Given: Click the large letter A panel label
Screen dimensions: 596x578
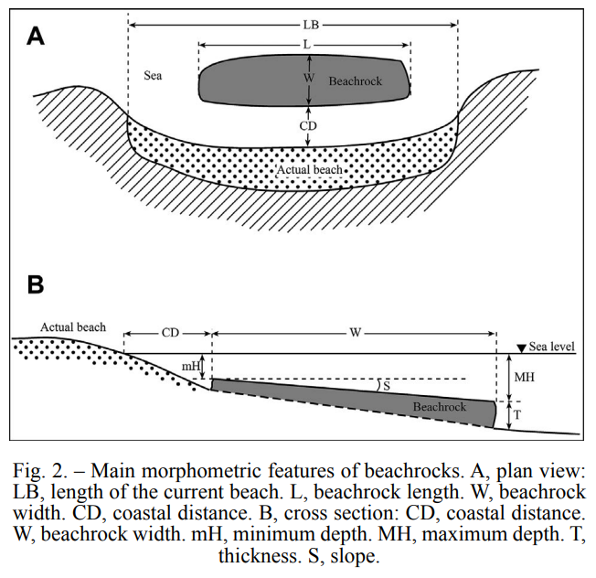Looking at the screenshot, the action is pyautogui.click(x=36, y=37).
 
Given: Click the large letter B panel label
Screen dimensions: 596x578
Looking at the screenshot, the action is pyautogui.click(x=36, y=284).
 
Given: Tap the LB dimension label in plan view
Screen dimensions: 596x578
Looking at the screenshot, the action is pyautogui.click(x=311, y=25).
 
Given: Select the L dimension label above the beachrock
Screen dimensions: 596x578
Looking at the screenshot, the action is pyautogui.click(x=307, y=45).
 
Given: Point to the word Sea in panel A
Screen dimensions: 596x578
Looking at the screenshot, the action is pyautogui.click(x=153, y=76).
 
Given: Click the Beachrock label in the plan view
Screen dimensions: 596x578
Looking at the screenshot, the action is pyautogui.click(x=356, y=81).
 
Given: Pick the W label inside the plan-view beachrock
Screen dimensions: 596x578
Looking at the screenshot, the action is pyautogui.click(x=309, y=78).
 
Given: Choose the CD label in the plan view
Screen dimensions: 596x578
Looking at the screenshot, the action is pyautogui.click(x=308, y=125).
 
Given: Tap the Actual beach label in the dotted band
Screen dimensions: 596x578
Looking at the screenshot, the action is pyautogui.click(x=309, y=169).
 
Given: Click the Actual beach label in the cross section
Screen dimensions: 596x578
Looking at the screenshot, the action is pyautogui.click(x=73, y=327).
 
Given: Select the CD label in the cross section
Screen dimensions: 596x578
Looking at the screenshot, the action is pyautogui.click(x=170, y=333).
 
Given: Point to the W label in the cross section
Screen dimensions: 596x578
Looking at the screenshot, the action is pyautogui.click(x=355, y=333).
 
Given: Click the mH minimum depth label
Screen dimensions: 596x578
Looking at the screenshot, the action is pyautogui.click(x=191, y=366).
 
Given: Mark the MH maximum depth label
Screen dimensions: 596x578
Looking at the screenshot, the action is pyautogui.click(x=524, y=377).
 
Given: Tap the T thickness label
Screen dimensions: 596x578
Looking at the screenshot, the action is pyautogui.click(x=517, y=415).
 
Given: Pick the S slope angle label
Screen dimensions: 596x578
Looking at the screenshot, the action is pyautogui.click(x=387, y=386).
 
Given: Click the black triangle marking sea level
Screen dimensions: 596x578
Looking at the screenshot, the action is pyautogui.click(x=522, y=348).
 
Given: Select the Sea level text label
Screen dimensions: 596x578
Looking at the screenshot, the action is pyautogui.click(x=551, y=347).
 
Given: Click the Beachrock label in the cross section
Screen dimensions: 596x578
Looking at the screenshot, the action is pyautogui.click(x=440, y=407).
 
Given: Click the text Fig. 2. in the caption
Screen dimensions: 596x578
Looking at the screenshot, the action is pyautogui.click(x=40, y=470).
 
